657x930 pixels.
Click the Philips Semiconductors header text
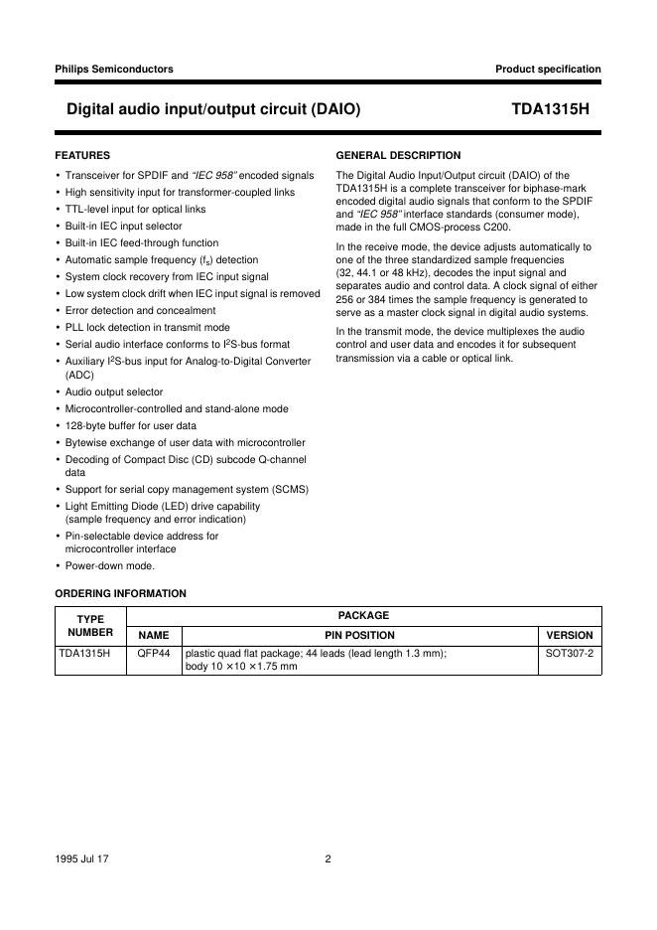tap(114, 69)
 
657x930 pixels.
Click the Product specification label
tap(548, 69)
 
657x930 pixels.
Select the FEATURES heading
tap(82, 156)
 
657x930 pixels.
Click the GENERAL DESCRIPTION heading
tap(399, 156)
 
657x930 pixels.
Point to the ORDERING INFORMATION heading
tap(120, 593)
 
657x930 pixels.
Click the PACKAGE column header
tap(363, 616)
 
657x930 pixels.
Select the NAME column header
tap(154, 635)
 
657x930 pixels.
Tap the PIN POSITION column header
tap(359, 635)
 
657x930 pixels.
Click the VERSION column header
tap(570, 635)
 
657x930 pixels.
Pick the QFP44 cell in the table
tap(154, 654)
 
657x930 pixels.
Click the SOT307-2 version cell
tap(570, 654)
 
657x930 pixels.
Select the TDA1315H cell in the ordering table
tap(84, 654)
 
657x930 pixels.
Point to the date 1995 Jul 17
tap(82, 859)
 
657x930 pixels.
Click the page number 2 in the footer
tap(328, 859)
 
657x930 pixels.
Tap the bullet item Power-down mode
tap(110, 566)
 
